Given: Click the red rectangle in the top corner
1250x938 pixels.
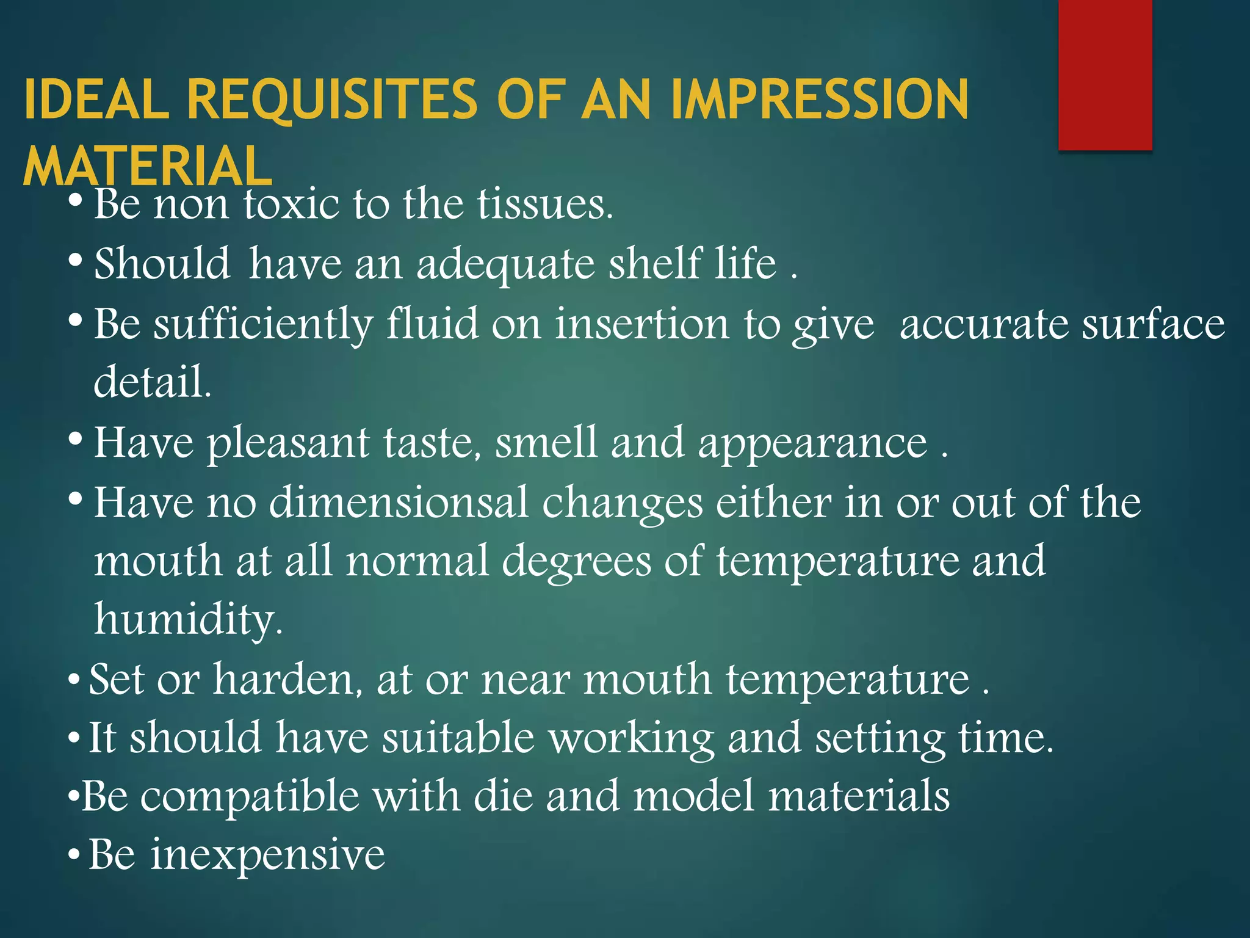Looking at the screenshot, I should click(x=1105, y=75).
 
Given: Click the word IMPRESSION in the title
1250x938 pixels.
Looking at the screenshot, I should click(x=819, y=99).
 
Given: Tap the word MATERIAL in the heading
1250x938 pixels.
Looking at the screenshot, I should click(x=148, y=166).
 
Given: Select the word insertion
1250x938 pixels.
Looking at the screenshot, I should click(x=641, y=323).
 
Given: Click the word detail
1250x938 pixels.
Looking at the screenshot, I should click(x=153, y=382).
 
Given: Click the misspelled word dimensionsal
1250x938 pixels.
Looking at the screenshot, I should click(x=399, y=502).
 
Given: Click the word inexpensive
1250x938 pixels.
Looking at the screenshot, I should click(x=268, y=854).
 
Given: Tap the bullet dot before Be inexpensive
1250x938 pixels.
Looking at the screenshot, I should click(x=74, y=855).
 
